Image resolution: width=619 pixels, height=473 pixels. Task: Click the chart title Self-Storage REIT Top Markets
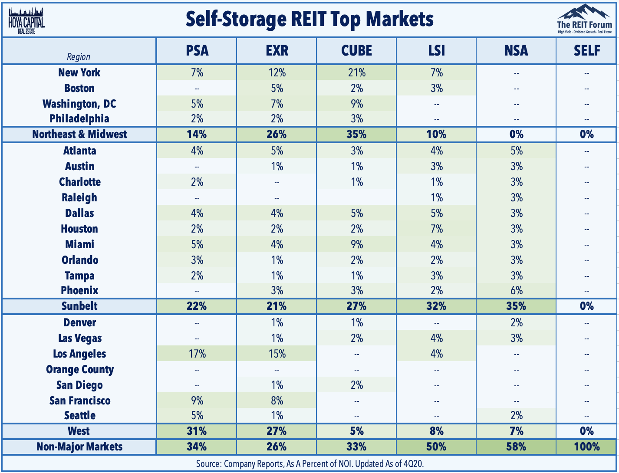309,19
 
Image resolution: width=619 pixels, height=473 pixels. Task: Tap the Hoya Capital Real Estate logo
26,20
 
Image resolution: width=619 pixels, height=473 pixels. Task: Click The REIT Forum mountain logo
584,20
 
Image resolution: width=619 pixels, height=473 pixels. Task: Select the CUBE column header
356,51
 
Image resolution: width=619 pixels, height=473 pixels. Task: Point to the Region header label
79,57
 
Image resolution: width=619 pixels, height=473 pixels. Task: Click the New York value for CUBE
356,73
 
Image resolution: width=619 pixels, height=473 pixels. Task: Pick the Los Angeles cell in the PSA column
197,354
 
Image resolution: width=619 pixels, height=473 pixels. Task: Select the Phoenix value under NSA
516,291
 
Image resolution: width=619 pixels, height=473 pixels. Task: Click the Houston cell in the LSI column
436,229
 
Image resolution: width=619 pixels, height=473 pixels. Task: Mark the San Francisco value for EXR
277,401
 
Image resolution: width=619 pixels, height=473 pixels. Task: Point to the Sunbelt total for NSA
516,306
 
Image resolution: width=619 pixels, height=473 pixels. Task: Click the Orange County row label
80,370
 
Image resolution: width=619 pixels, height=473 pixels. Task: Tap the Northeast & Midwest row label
79,134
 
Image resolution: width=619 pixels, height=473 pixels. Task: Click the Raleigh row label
79,198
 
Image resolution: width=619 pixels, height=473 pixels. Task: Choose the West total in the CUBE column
356,431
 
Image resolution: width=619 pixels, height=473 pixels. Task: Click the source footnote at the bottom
309,464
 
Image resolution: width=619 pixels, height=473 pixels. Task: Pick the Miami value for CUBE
356,244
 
